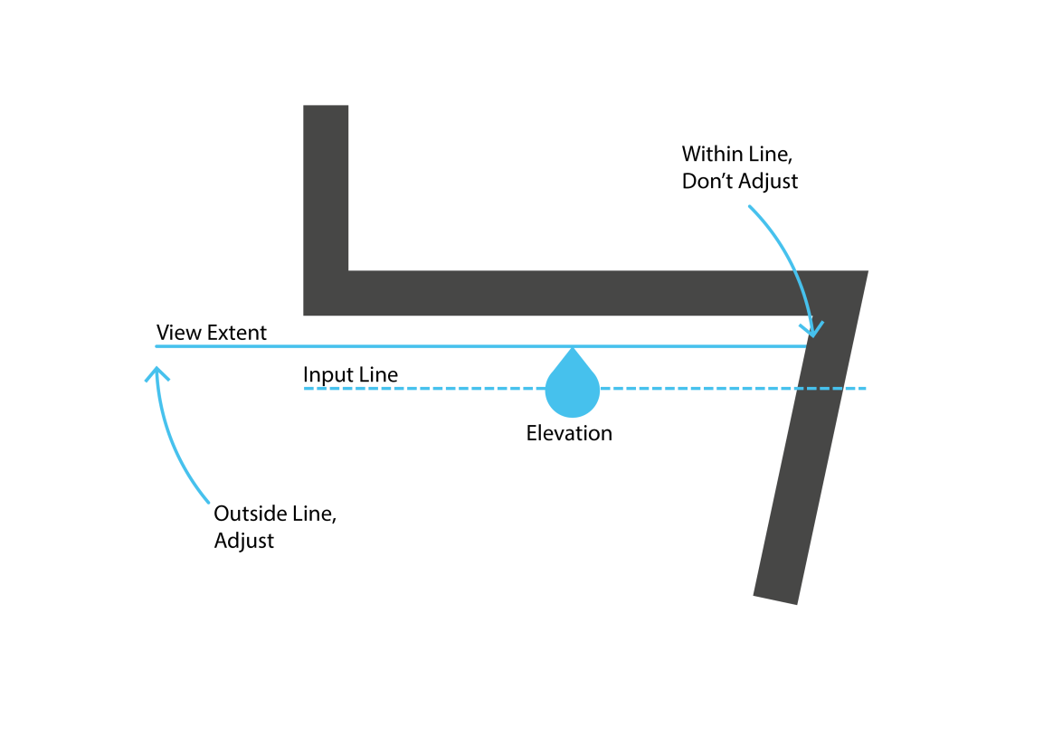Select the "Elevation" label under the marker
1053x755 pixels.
[x=569, y=433]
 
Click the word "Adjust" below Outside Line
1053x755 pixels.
[x=244, y=542]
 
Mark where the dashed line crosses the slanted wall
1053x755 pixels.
[x=820, y=389]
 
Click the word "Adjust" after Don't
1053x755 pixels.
[x=768, y=181]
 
